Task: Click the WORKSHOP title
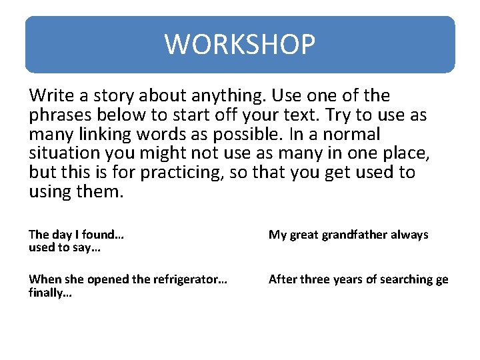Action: [x=240, y=45]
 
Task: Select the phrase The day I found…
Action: [x=77, y=235]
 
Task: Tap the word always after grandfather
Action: [x=409, y=235]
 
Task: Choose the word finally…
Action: [x=50, y=293]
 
